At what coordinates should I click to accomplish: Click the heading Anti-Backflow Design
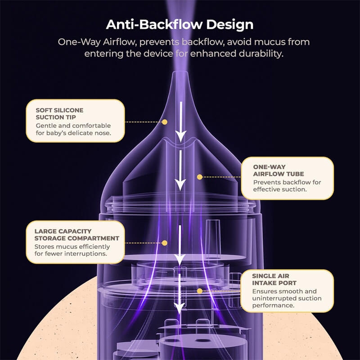click(180, 24)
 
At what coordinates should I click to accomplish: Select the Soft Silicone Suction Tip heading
click(59, 114)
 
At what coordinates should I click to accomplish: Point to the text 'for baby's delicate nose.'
click(73, 133)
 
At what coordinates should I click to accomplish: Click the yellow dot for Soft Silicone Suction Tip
click(164, 122)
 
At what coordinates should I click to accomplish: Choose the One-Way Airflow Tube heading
click(278, 171)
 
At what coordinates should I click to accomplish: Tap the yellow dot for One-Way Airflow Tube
click(199, 177)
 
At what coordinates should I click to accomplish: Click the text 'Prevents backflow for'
click(287, 182)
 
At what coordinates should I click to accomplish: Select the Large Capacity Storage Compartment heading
click(76, 234)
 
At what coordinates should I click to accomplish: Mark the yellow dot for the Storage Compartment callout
click(164, 243)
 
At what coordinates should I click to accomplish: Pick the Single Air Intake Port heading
click(274, 279)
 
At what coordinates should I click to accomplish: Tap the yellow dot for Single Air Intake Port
click(199, 291)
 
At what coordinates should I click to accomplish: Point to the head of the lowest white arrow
click(179, 308)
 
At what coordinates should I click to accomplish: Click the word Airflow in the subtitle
click(120, 42)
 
